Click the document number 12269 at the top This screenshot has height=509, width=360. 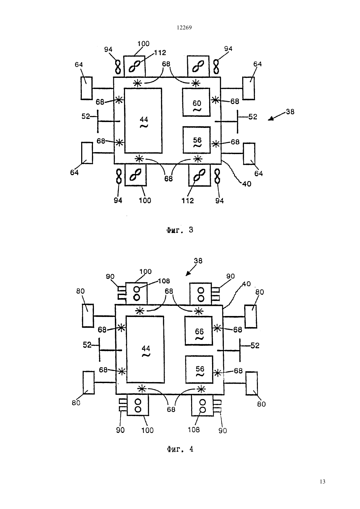pyautogui.click(x=184, y=28)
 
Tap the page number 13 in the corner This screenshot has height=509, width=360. pyautogui.click(x=322, y=481)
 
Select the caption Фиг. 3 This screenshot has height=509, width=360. pyautogui.click(x=180, y=230)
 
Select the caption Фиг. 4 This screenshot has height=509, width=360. pyautogui.click(x=180, y=449)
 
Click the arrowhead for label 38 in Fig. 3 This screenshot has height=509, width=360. pyautogui.click(x=270, y=119)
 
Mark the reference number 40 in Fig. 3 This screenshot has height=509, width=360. pyautogui.click(x=246, y=184)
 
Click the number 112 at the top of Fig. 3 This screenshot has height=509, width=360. pyautogui.click(x=160, y=53)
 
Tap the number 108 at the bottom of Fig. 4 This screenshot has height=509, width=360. pyautogui.click(x=194, y=430)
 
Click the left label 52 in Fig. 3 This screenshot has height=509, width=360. pyautogui.click(x=86, y=116)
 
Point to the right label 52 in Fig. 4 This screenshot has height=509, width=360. pyautogui.click(x=255, y=345)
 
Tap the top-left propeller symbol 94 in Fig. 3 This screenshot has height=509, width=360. pyautogui.click(x=118, y=67)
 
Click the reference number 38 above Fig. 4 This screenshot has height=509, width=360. pyautogui.click(x=198, y=261)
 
